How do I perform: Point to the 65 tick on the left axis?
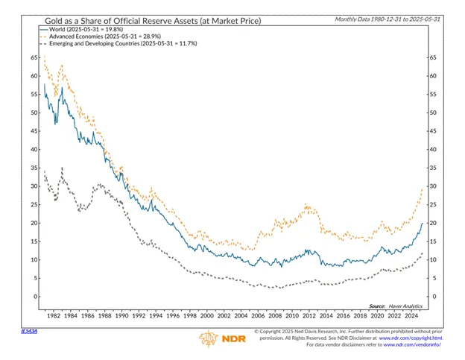(x=34, y=57)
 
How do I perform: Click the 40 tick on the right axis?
(x=431, y=149)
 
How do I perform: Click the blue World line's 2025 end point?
(x=422, y=224)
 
